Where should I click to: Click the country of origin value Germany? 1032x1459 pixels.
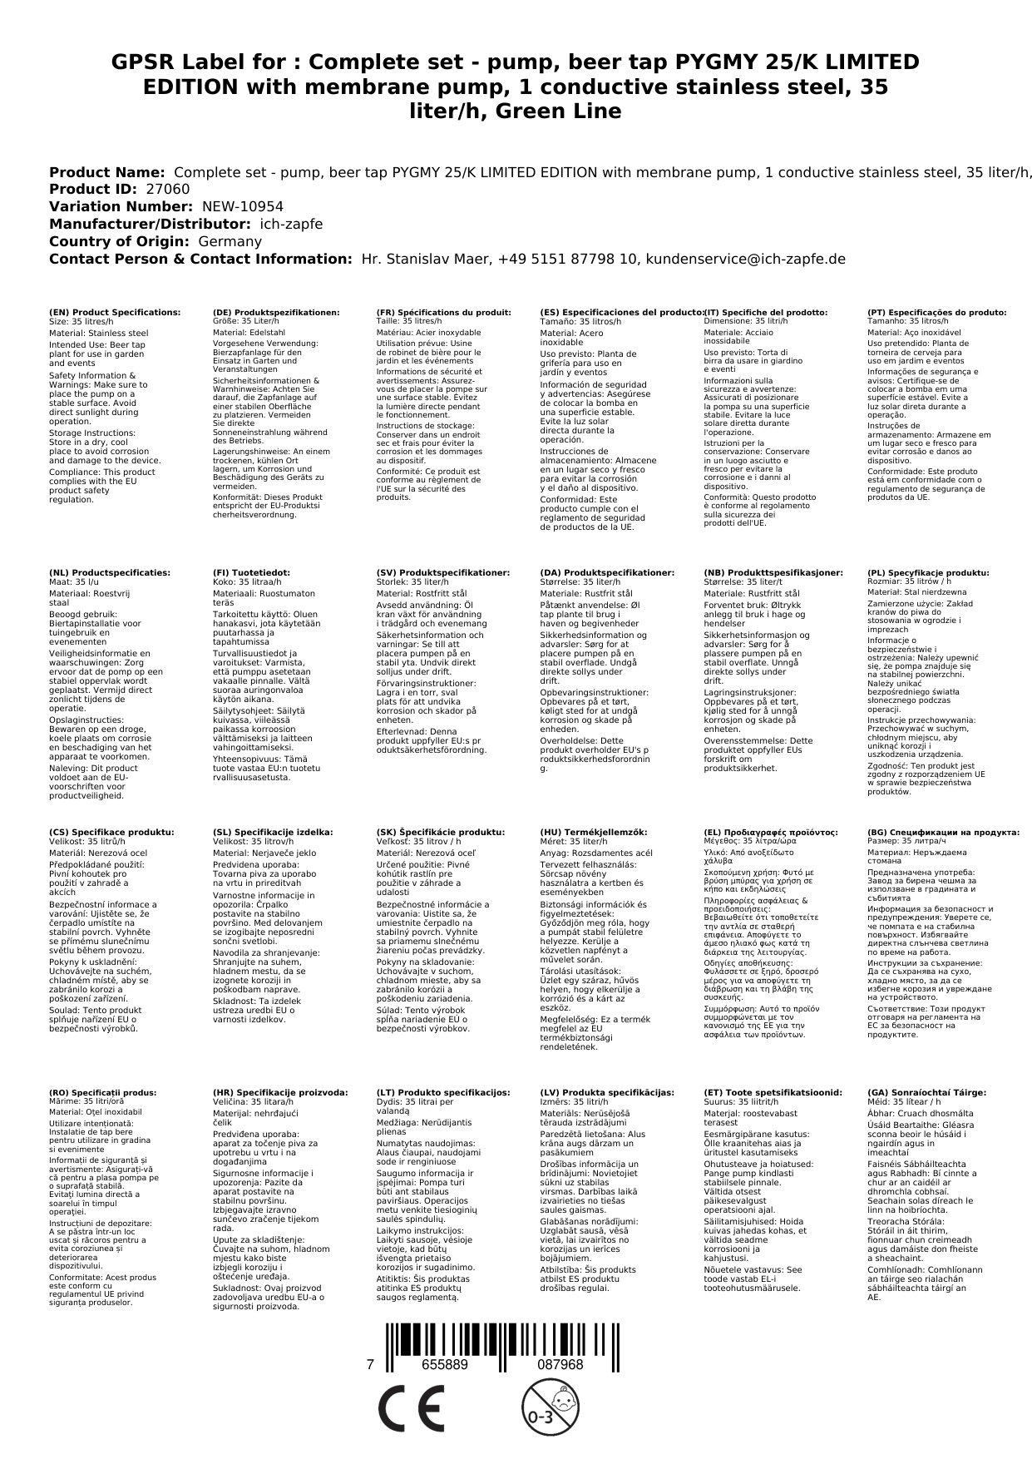pyautogui.click(x=230, y=241)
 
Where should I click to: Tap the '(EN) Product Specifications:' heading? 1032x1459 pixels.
pyautogui.click(x=114, y=312)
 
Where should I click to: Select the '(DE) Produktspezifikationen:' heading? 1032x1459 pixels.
pyautogui.click(x=276, y=312)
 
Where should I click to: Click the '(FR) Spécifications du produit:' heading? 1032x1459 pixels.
pyautogui.click(x=443, y=312)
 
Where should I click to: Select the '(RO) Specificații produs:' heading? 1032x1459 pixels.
pyautogui.click(x=102, y=1092)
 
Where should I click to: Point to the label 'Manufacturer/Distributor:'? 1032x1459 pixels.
pyautogui.click(x=150, y=224)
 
